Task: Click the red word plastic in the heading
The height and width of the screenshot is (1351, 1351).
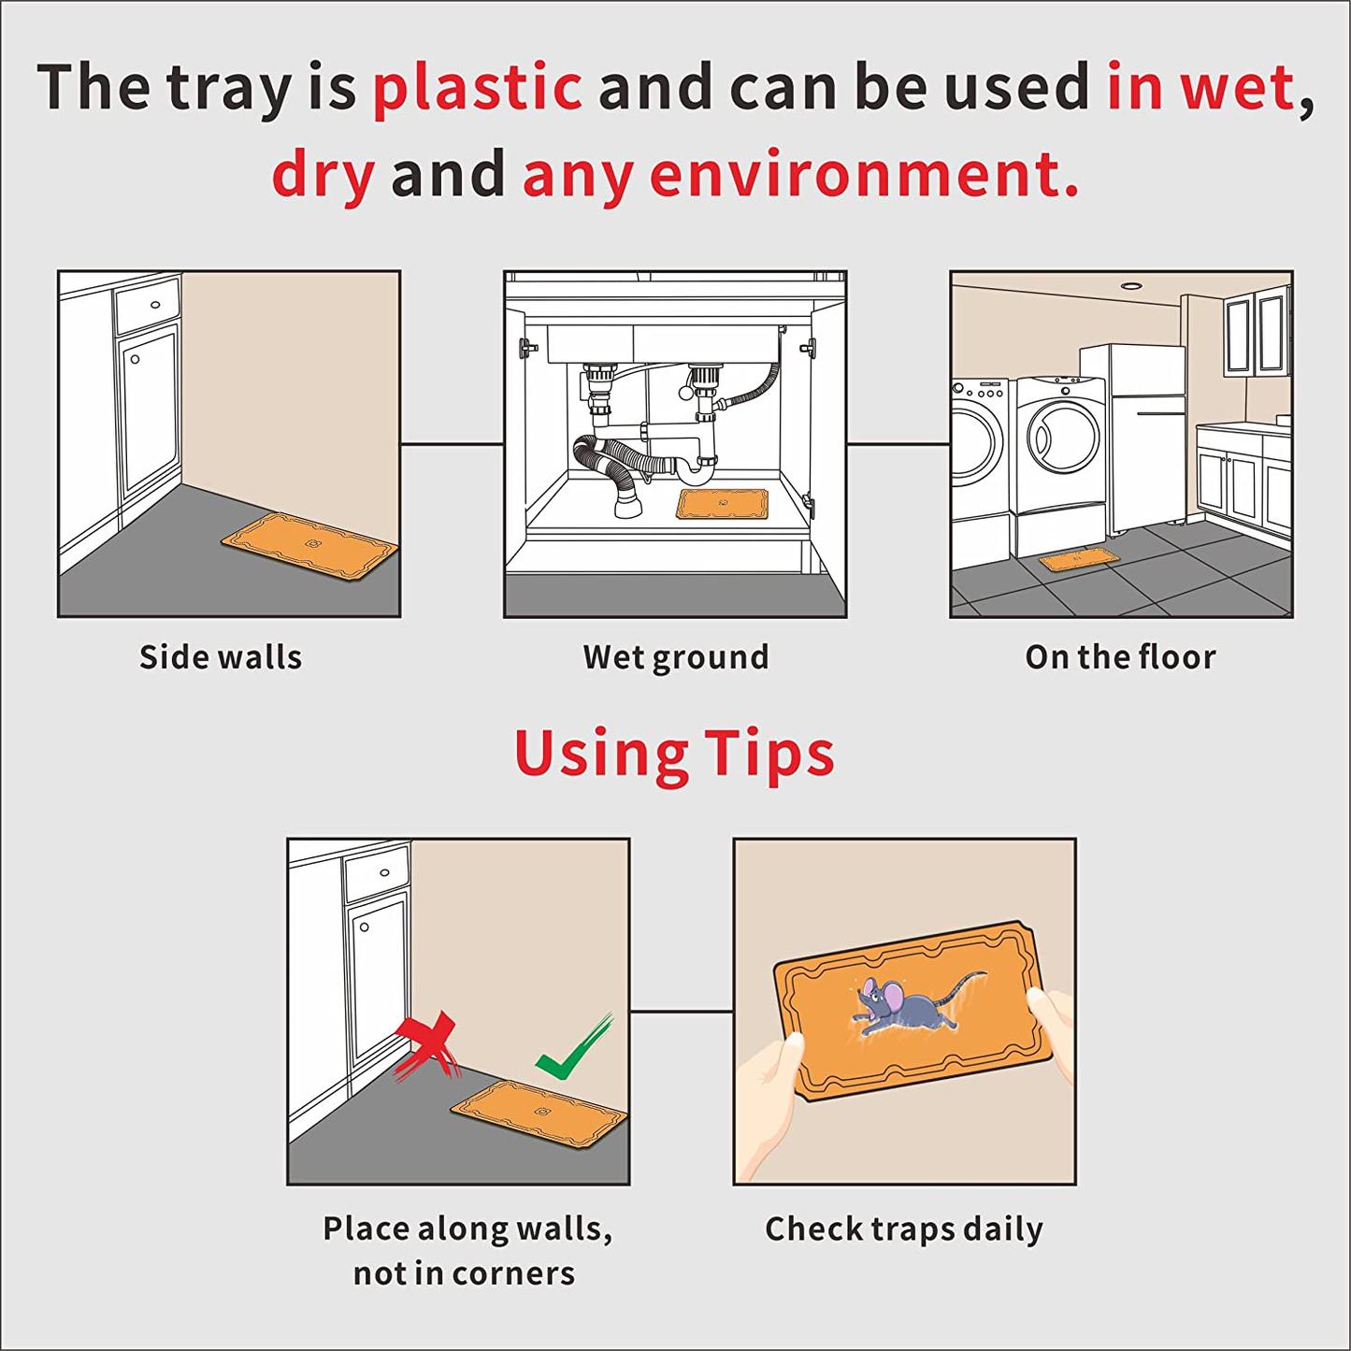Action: pos(478,89)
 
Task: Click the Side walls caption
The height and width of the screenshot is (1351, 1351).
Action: pos(220,658)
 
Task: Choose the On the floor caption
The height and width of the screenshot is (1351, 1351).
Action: pos(1120,658)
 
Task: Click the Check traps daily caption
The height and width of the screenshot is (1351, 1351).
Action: pos(904,1230)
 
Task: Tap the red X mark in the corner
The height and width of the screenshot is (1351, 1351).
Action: pos(426,1047)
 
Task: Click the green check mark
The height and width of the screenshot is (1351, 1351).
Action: pos(573,1047)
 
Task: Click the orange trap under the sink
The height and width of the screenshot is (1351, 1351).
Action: pos(722,504)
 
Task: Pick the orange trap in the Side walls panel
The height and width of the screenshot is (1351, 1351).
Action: pos(309,546)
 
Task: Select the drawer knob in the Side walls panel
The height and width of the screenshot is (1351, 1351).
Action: pos(154,305)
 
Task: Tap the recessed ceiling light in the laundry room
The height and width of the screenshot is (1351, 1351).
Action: pos(1128,285)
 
